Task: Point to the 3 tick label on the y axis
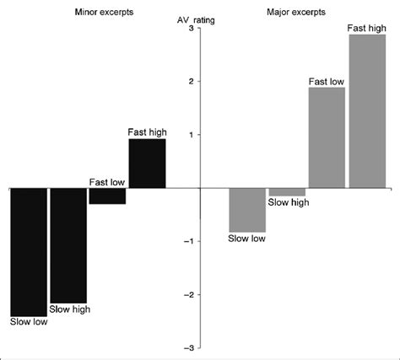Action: (x=191, y=29)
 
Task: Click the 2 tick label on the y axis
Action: (x=191, y=82)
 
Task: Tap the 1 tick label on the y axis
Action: (x=191, y=135)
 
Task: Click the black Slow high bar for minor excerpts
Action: (x=68, y=244)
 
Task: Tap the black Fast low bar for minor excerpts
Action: (x=107, y=196)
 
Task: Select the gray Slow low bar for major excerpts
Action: (x=247, y=210)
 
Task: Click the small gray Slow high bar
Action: (x=287, y=191)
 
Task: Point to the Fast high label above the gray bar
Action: (x=367, y=29)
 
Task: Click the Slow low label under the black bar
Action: (x=29, y=320)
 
